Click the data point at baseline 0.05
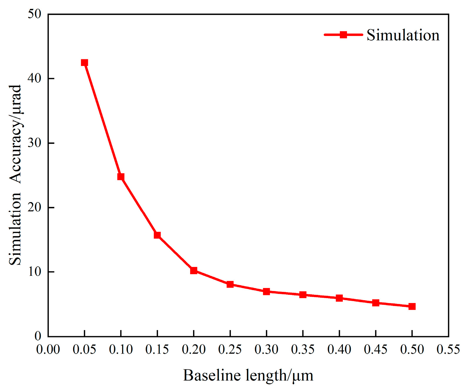pos(84,63)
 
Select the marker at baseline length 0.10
pos(121,177)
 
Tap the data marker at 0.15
pos(157,235)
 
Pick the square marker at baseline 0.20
pos(194,271)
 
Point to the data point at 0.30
pos(267,292)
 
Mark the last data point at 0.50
pos(412,307)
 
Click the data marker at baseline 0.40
pos(339,298)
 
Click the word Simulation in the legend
pos(403,35)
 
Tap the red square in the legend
pos(343,35)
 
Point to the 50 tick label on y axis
pos(34,14)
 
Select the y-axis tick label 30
pos(34,143)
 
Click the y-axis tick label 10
pos(34,272)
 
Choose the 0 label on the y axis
pos(38,336)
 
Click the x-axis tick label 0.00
pos(48,350)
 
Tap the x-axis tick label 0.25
pos(230,350)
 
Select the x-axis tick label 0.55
pos(448,350)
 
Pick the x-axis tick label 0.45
pos(375,350)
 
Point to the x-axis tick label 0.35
pos(303,350)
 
